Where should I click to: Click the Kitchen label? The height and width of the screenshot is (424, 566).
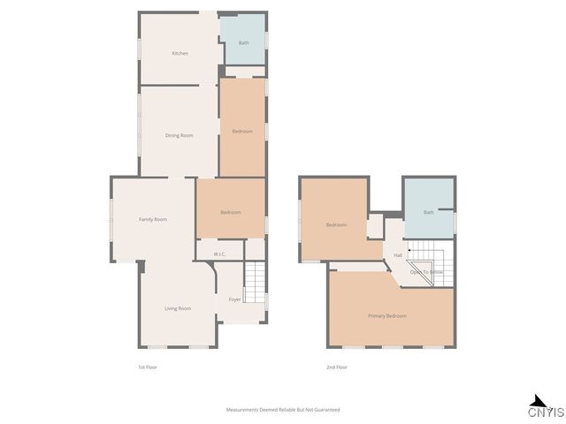point(180,54)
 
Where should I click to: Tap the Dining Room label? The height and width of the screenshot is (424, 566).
point(180,135)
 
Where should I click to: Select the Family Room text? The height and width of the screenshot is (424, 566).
point(153,219)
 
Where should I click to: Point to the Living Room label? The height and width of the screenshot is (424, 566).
point(178,308)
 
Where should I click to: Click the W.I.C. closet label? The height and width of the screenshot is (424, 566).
point(218,254)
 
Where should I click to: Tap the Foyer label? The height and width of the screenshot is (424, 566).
point(234,299)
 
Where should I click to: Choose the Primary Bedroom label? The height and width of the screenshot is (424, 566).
point(387,315)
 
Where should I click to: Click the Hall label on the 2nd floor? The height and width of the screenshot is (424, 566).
point(398,255)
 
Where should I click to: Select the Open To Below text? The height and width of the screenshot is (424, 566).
point(426,272)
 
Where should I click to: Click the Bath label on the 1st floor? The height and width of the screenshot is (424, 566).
point(243,42)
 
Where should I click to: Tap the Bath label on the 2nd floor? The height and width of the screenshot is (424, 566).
point(429,212)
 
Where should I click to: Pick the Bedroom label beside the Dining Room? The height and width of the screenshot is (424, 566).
point(242,131)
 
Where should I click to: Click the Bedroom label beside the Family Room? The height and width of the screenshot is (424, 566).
point(230,212)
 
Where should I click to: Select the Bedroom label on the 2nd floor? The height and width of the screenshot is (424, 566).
point(336,224)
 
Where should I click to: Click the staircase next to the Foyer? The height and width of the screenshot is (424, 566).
point(255,283)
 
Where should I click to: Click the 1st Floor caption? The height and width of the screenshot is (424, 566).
point(147,367)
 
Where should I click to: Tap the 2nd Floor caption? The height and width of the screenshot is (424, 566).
point(337,367)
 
